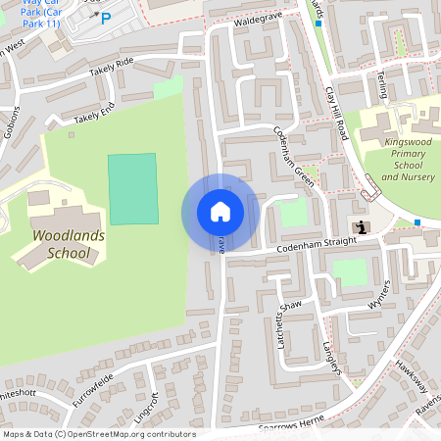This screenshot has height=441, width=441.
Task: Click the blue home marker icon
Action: [x=220, y=212]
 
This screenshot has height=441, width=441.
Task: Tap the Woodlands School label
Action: [x=61, y=245]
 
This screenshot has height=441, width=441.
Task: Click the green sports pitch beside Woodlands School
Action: [x=132, y=188]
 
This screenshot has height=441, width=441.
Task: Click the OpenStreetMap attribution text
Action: [x=98, y=434]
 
